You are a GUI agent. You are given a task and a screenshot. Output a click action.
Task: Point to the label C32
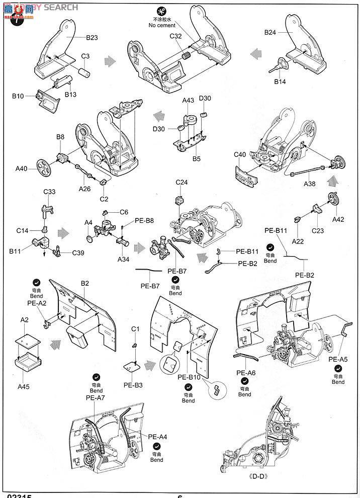[x=175, y=36]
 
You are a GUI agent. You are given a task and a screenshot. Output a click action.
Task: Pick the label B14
[x=281, y=82]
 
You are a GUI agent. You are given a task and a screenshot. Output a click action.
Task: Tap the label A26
[x=84, y=189]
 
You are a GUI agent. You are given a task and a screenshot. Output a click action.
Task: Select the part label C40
[x=240, y=155]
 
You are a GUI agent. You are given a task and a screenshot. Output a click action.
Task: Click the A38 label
[x=310, y=184]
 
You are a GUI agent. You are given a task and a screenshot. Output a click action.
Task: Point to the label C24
[x=182, y=182]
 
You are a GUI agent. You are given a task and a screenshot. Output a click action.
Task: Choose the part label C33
[x=49, y=192]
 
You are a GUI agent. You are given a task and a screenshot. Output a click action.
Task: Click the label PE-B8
[x=144, y=221]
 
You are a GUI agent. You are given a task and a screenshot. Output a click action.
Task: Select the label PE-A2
[x=36, y=303]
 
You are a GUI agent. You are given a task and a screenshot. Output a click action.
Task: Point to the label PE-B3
[x=133, y=385]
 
